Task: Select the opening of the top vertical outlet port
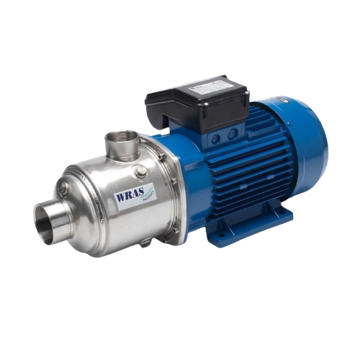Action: [120, 135]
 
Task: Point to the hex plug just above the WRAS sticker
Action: [141, 172]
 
